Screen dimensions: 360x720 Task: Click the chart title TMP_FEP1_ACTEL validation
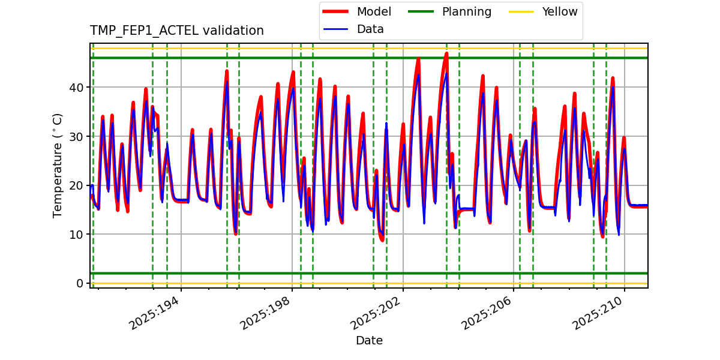176,31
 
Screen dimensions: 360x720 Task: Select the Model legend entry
373,11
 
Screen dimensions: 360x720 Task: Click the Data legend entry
370,29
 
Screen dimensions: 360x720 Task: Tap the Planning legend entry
466,11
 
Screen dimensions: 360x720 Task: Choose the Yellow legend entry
559,11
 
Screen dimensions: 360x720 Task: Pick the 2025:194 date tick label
155,313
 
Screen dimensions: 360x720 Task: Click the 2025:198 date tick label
266,313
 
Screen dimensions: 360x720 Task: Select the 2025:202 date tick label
377,313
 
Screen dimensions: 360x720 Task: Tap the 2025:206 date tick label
488,313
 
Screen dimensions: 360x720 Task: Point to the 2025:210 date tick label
598,313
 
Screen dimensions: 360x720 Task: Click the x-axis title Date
369,341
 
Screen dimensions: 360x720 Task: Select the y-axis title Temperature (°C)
58,165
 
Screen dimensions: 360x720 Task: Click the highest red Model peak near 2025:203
446,53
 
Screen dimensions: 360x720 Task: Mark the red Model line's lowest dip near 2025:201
382,240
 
